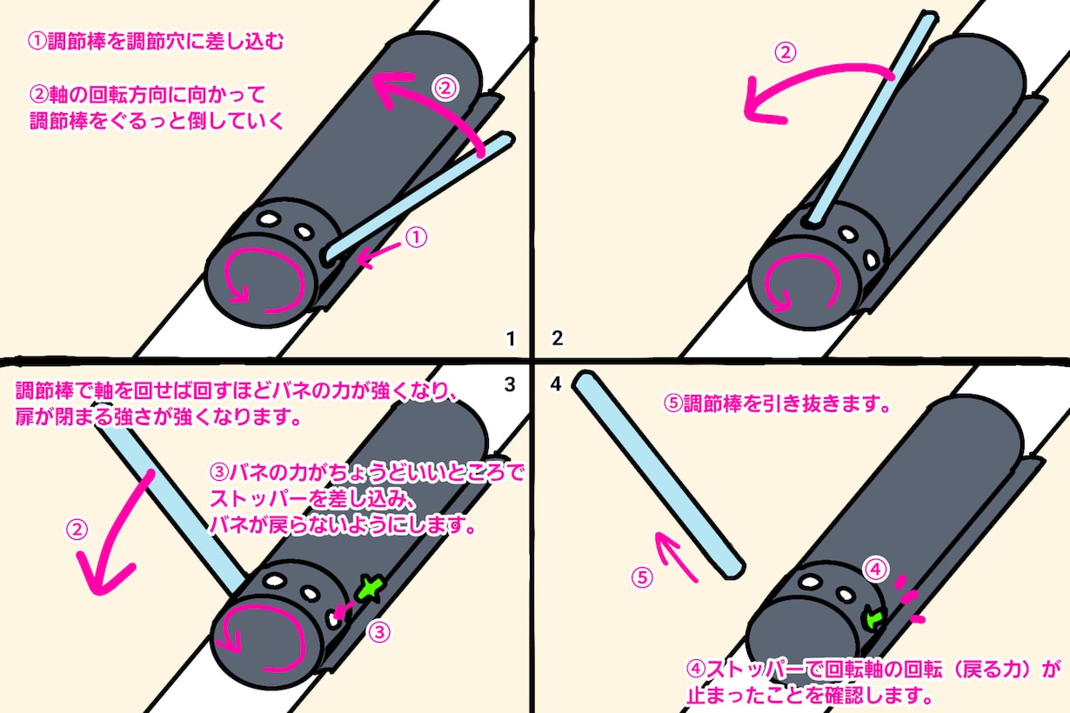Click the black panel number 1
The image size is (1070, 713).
(511, 338)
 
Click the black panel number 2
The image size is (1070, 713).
(557, 338)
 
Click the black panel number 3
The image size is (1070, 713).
(510, 384)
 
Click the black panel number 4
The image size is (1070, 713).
(556, 383)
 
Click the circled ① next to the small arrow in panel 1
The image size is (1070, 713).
(416, 237)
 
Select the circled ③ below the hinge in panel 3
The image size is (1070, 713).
(379, 632)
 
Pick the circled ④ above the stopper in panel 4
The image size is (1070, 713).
(876, 569)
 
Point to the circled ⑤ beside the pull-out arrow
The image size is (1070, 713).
(643, 577)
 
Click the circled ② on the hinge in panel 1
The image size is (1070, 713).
(445, 88)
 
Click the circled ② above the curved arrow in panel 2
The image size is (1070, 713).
(786, 52)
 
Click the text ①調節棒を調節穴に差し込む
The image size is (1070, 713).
(156, 42)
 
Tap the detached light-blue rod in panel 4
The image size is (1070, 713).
(659, 475)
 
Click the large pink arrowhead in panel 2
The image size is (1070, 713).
(763, 103)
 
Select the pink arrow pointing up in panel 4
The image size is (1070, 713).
(674, 556)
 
